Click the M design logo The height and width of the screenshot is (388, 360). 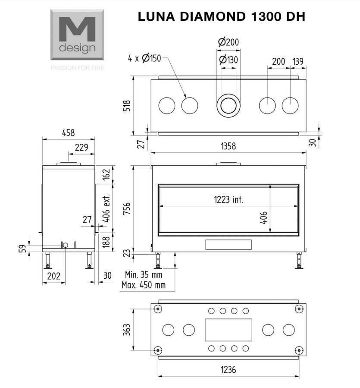pyautogui.click(x=77, y=35)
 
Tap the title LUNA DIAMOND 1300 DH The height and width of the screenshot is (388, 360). pyautogui.click(x=222, y=16)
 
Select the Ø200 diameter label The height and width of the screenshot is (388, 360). pyautogui.click(x=229, y=42)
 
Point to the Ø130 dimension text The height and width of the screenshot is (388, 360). pyautogui.click(x=229, y=60)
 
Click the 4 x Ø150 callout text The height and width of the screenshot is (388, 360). pyautogui.click(x=144, y=58)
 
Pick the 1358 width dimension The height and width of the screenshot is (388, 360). pyautogui.click(x=228, y=146)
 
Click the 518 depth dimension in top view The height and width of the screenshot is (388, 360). pyautogui.click(x=127, y=106)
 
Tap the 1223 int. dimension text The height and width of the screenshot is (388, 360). pyautogui.click(x=229, y=199)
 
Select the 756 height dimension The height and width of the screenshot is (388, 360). pyautogui.click(x=127, y=208)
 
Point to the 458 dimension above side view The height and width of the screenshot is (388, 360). pyautogui.click(x=68, y=132)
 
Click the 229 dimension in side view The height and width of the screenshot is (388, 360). pyautogui.click(x=81, y=147)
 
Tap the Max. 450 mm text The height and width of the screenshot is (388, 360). pyautogui.click(x=144, y=285)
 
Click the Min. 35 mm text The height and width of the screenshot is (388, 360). pyautogui.click(x=144, y=274)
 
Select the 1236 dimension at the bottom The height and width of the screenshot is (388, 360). pyautogui.click(x=228, y=370)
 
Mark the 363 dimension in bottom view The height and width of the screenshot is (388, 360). pyautogui.click(x=127, y=330)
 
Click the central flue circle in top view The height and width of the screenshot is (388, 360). pyautogui.click(x=229, y=106)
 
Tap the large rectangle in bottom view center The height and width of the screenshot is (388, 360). pyautogui.click(x=229, y=330)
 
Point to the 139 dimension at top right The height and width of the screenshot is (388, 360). pyautogui.click(x=298, y=61)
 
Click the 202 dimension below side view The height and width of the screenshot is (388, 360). pyautogui.click(x=53, y=276)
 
